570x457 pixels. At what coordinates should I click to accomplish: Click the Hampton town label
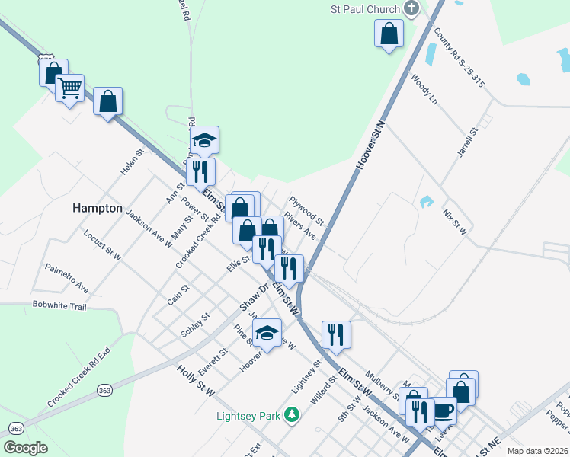(x=97, y=207)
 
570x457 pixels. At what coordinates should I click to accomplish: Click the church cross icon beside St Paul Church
(x=411, y=9)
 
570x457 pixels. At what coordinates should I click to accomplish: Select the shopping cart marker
(x=70, y=88)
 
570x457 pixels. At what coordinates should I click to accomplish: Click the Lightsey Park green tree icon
(x=290, y=415)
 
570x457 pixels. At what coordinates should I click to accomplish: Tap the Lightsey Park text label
(x=248, y=416)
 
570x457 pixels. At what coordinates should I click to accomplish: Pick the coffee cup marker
(x=443, y=411)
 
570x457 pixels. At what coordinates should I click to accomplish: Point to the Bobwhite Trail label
(x=60, y=305)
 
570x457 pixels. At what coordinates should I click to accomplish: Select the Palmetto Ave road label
(x=66, y=278)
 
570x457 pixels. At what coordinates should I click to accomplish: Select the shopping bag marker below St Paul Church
(x=389, y=34)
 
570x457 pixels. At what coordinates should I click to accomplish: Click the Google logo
(x=25, y=448)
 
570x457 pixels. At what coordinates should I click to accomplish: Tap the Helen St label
(x=133, y=162)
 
